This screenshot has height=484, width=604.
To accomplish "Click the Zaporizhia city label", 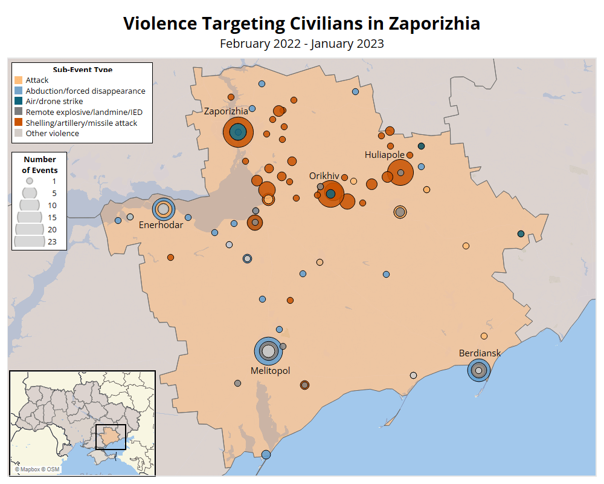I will pos(226,111).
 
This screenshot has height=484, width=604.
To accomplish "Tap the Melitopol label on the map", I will pos(270,370).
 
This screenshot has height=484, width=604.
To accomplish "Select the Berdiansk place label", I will pos(480,353).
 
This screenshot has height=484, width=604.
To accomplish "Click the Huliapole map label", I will pos(385,155).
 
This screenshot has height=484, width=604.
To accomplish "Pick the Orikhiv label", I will pos(324,175).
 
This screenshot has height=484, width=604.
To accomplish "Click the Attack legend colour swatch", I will pos(19,80).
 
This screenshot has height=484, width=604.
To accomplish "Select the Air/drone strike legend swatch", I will pos(19,101).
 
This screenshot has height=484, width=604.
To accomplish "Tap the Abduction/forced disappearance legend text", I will pos(85,91).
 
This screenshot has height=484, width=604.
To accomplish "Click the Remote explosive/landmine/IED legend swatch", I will pos(19,112).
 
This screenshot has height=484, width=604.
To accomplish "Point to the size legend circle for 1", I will pos(29,181).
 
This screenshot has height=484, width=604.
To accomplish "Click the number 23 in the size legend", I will pos(52,241).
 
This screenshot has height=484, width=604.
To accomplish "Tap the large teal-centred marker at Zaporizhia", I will pos(238,132).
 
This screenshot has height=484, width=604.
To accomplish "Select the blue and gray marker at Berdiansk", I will pos(478,370).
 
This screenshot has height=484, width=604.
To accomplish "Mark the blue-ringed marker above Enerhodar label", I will pos(162,209).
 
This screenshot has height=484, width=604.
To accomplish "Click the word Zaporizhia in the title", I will pos(434,24).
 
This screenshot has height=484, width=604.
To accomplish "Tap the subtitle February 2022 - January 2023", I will pos(302,44).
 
